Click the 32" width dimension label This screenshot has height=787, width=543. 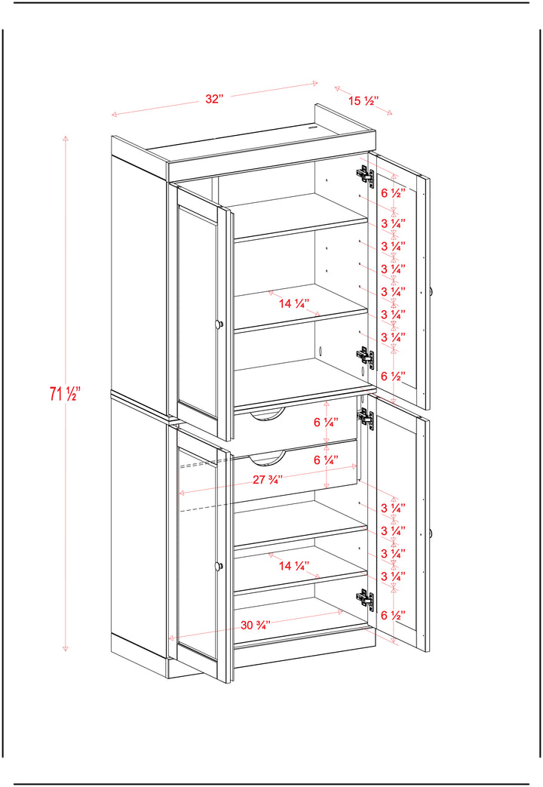[213, 99]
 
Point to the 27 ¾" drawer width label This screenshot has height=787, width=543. [268, 479]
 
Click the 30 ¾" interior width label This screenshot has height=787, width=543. [256, 625]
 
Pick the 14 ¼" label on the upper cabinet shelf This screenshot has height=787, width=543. [294, 303]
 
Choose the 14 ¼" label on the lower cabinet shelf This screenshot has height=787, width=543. [294, 566]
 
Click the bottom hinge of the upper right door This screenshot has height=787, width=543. [366, 357]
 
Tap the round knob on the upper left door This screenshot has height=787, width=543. [219, 324]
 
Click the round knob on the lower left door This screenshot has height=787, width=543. [219, 566]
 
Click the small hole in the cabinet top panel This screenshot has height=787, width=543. [314, 128]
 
